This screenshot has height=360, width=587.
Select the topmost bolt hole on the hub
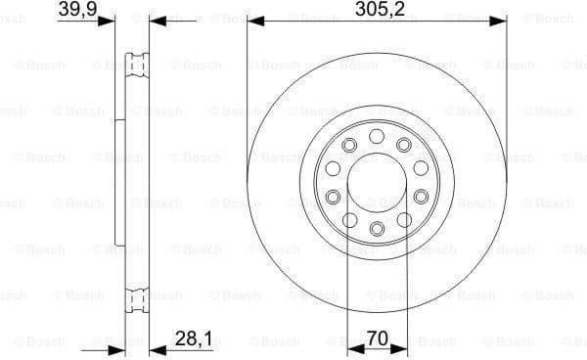pyautogui.click(x=377, y=132)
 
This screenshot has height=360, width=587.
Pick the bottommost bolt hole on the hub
pyautogui.click(x=377, y=229)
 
